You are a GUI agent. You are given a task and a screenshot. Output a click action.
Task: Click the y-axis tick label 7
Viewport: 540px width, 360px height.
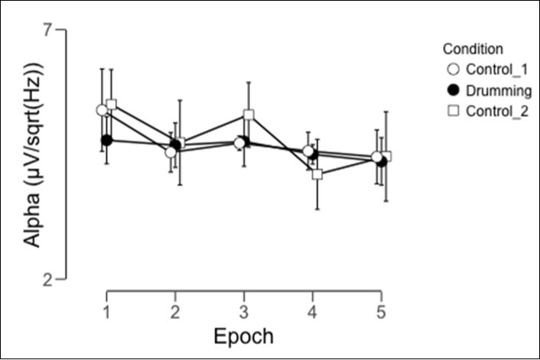point(47,30)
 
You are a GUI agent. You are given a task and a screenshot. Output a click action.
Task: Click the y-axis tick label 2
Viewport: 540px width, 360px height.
point(47,279)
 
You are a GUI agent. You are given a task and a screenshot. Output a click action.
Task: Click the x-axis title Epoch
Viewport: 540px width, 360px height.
point(242,336)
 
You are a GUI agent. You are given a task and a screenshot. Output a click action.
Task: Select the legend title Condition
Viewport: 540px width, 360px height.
point(473,49)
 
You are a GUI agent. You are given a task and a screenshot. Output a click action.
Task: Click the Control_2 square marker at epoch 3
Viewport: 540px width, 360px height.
point(249,115)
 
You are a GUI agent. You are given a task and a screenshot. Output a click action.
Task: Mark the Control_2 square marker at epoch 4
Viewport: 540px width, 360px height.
point(317,174)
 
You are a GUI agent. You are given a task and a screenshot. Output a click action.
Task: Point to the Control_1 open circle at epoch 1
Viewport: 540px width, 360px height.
point(102,110)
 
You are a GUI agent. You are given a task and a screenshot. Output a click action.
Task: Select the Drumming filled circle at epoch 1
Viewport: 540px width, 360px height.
point(107,140)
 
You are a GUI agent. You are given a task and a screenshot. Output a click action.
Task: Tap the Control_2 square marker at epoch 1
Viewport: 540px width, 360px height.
point(112,104)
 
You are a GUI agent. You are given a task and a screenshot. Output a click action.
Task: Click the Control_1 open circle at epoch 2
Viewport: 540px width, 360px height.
point(171,151)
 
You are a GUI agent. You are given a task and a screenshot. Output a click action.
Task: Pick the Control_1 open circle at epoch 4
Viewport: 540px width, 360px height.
point(307,151)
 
